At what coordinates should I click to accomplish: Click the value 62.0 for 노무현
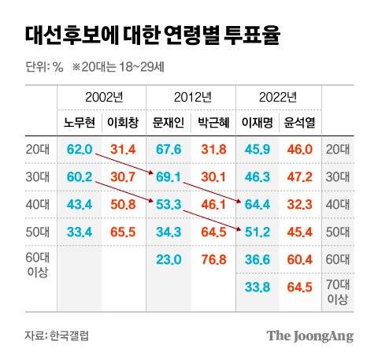pyautogui.click(x=79, y=148)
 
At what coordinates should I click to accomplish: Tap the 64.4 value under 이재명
pyautogui.click(x=258, y=204)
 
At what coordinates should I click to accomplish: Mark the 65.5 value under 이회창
pyautogui.click(x=123, y=232)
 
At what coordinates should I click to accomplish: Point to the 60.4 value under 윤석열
pyautogui.click(x=300, y=259)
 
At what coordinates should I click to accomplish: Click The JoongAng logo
pyautogui.click(x=309, y=336)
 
